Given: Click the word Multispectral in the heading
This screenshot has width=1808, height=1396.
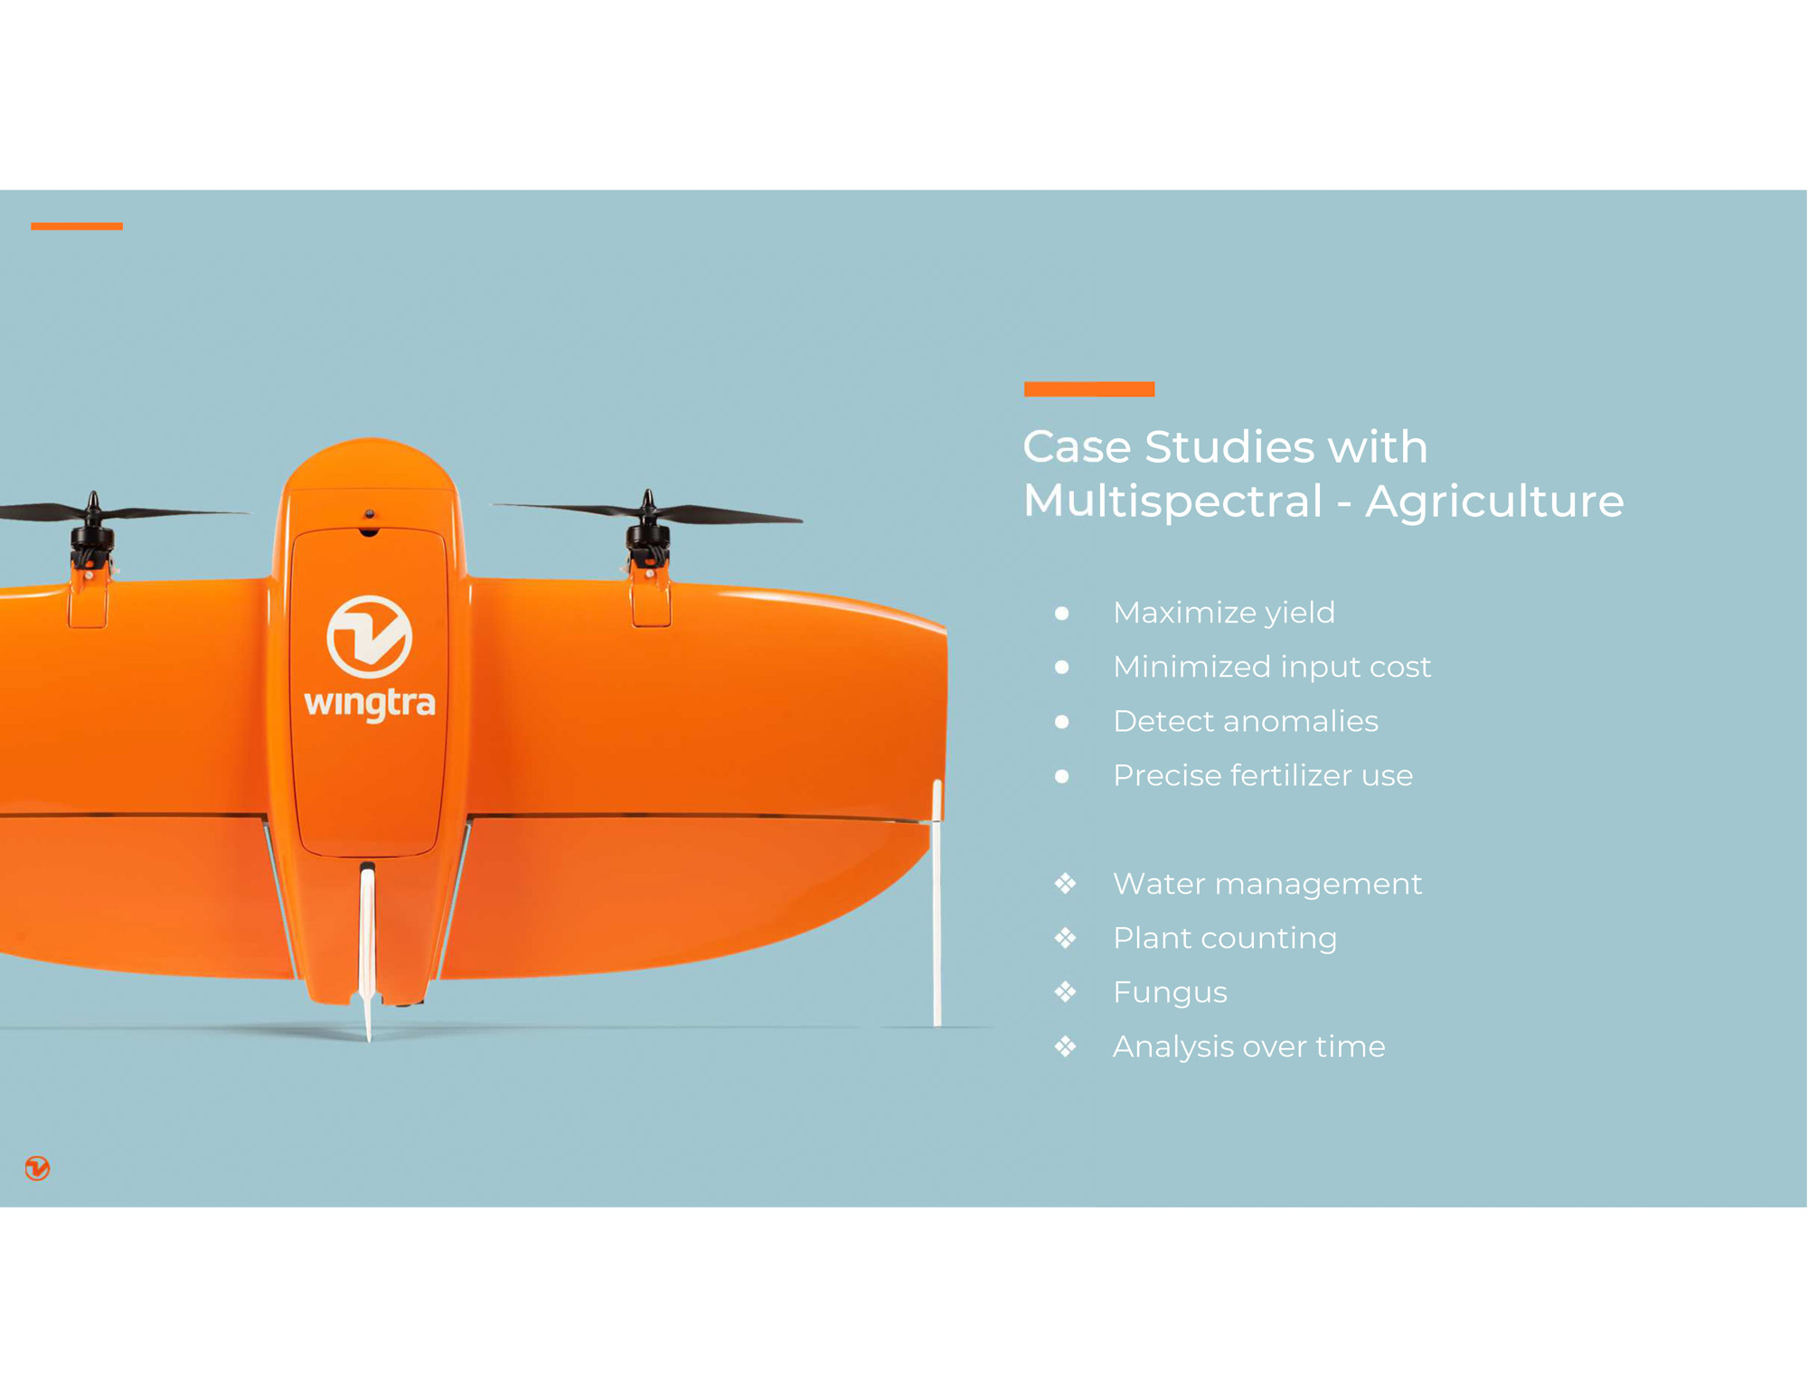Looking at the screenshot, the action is (1172, 501).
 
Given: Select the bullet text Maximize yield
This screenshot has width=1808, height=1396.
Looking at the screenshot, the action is (1224, 613).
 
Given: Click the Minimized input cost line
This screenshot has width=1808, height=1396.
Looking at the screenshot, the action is (1272, 667).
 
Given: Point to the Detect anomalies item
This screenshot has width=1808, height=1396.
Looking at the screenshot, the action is (1246, 721).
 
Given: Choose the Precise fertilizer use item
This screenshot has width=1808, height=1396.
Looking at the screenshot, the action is (1263, 775).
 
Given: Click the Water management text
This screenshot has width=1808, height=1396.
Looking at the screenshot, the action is (1267, 884).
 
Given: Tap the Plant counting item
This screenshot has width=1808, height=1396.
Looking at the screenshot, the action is (1225, 938).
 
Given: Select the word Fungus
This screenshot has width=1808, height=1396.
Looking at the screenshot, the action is (1170, 992).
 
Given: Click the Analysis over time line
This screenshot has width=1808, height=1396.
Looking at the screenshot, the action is (1248, 1046).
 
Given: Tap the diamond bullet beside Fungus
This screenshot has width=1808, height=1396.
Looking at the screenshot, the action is (1065, 992).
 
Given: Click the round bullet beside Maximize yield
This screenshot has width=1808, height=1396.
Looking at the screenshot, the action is (1062, 614).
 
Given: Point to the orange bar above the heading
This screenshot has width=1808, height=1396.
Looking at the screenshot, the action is (1089, 389).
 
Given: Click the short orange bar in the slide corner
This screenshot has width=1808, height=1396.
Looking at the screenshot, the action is (77, 226).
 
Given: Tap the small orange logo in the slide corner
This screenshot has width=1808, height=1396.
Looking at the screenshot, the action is (37, 1168).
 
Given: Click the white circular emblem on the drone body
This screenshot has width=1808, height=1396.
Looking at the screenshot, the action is (369, 637).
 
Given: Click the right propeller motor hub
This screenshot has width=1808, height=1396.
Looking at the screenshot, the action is (648, 533).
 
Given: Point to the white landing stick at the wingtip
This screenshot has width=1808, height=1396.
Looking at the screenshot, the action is (937, 904).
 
